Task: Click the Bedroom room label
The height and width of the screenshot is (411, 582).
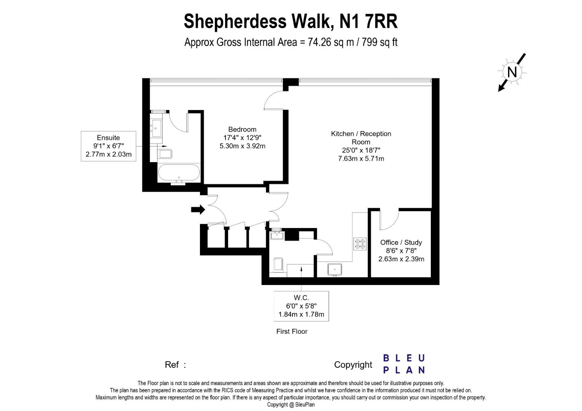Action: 242,129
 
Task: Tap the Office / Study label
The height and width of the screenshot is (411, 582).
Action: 401,242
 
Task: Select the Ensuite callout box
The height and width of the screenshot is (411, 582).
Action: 108,146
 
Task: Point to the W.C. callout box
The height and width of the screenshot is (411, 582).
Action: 301,306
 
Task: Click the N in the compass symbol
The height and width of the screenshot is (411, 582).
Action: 512,72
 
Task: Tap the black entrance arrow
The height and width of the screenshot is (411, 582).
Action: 198,209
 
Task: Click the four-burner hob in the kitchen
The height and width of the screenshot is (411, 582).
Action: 360,244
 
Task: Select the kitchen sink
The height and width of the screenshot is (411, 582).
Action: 335,269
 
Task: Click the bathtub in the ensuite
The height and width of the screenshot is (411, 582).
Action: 179,173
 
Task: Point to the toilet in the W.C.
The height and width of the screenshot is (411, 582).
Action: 278,264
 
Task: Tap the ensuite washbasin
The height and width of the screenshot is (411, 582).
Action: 157,128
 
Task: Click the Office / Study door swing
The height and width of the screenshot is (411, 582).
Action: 389,220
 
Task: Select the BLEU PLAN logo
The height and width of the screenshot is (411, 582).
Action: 404,364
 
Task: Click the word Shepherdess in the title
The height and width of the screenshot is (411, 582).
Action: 235,22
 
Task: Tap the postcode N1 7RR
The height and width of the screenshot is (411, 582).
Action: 368,21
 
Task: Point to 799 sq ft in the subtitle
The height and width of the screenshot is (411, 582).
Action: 380,42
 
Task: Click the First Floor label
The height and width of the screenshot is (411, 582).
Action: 292,331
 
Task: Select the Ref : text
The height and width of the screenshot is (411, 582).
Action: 176,365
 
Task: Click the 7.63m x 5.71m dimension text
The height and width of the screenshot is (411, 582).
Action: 361,159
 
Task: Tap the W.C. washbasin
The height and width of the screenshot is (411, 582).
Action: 277,235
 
